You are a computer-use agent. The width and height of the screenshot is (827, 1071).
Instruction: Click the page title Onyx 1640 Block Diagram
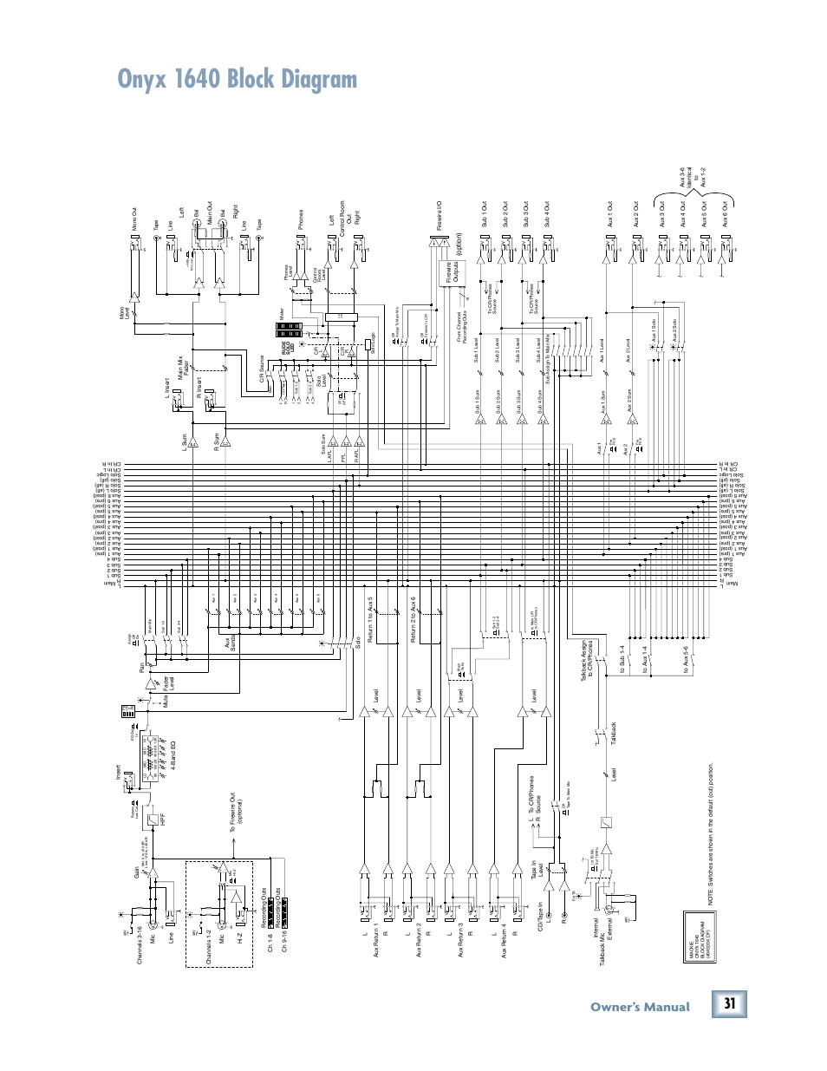pyautogui.click(x=238, y=80)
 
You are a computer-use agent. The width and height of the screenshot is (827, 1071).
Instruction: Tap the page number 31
pyautogui.click(x=730, y=1004)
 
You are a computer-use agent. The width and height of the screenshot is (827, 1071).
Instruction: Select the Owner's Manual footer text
pyautogui.click(x=640, y=1007)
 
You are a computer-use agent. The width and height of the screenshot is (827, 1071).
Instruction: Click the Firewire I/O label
pyautogui.click(x=440, y=217)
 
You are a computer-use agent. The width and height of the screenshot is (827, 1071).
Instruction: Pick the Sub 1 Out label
pyautogui.click(x=485, y=215)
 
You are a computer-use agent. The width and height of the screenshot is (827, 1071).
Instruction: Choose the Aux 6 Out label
pyautogui.click(x=725, y=214)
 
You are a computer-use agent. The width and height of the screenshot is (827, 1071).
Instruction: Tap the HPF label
pyautogui.click(x=162, y=816)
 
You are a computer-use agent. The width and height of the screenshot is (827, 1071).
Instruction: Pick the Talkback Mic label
pyautogui.click(x=602, y=941)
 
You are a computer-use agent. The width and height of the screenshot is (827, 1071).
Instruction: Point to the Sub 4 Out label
pyautogui.click(x=547, y=215)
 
